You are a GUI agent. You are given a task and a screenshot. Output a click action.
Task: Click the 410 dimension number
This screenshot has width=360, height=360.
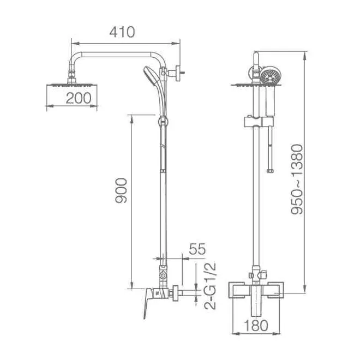(x=122, y=32)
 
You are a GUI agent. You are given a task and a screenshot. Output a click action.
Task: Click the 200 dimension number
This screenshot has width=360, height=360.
(x=79, y=98)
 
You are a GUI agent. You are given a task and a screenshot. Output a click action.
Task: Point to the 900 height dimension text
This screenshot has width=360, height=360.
(x=121, y=190)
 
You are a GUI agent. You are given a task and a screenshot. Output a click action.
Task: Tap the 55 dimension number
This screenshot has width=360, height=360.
(x=197, y=249)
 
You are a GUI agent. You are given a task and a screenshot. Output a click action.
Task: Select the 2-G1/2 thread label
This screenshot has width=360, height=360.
(x=211, y=286)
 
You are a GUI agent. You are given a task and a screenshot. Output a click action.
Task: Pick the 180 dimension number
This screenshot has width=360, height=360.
(x=256, y=325)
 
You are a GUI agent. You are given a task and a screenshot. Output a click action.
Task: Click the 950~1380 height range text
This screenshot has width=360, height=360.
(x=297, y=179)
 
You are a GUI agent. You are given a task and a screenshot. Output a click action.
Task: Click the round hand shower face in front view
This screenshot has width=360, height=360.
(x=271, y=76)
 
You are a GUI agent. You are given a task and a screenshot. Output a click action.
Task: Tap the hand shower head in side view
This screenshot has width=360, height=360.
(x=151, y=75)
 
